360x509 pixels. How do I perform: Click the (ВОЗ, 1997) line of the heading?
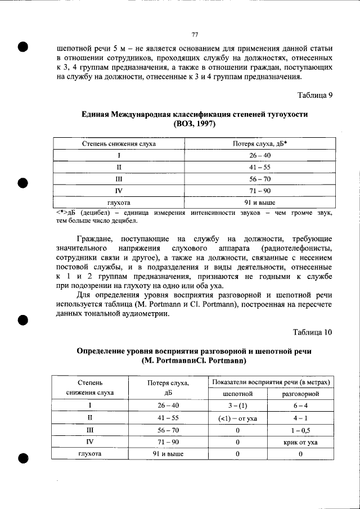coord(195,123)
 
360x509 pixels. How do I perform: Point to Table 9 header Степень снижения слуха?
coord(119,143)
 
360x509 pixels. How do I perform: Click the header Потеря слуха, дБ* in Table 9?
coord(260,143)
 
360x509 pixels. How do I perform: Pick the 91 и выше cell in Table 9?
coord(260,202)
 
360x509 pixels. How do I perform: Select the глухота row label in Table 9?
coord(119,202)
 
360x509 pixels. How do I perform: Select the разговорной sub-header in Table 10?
coord(301,394)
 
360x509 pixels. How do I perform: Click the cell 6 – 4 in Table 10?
coord(301,406)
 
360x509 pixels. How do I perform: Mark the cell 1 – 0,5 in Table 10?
coord(301,430)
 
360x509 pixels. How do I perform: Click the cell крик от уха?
coord(301,442)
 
